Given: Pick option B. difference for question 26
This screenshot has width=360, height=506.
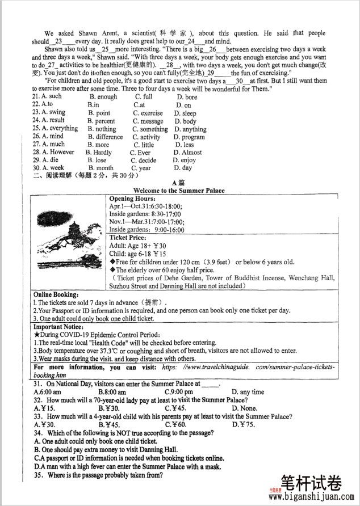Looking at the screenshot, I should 105,137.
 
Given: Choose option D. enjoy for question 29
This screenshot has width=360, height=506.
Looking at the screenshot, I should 184,161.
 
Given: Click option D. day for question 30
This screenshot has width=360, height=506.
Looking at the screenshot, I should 183,168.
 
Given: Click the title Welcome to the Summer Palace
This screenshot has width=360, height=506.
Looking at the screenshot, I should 178,191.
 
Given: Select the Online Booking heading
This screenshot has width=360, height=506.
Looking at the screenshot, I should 56,295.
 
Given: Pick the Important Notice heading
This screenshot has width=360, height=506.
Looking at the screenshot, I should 59,327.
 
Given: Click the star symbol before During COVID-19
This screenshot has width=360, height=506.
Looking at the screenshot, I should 36,335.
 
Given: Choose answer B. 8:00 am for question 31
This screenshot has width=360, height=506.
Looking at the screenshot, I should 112,392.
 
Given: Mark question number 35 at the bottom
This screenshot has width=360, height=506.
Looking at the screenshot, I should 39,475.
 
